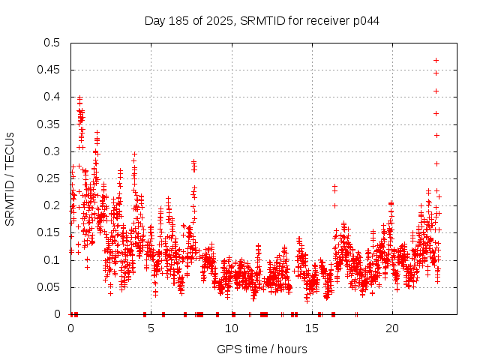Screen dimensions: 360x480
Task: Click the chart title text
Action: [x=262, y=20]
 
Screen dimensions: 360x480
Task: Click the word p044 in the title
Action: [x=367, y=20]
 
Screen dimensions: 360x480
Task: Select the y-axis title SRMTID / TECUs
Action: [x=10, y=178]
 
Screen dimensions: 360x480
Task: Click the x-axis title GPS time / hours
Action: [x=262, y=349]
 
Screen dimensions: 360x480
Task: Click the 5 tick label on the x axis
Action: [x=151, y=328]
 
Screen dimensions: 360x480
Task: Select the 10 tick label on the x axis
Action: [x=231, y=328]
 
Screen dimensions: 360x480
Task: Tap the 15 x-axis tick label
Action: [x=311, y=328]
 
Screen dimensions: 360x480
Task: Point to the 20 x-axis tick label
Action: [x=391, y=328]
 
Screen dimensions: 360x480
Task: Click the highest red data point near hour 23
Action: [x=436, y=60]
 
